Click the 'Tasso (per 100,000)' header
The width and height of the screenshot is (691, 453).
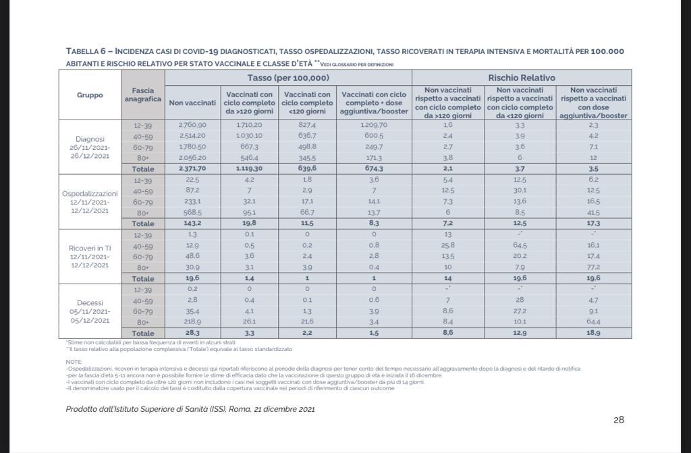point(288,78)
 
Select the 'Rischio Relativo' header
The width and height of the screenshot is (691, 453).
point(522,78)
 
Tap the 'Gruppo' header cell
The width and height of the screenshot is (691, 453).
point(90,95)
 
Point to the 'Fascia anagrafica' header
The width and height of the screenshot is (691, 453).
point(143,95)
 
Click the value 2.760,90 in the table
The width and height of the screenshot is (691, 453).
point(192,126)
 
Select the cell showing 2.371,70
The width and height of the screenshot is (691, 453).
point(192,169)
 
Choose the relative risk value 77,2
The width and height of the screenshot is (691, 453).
point(594,267)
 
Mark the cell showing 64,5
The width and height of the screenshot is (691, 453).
point(520,246)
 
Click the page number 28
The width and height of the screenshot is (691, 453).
point(619,420)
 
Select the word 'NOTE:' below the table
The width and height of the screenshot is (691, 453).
point(74,362)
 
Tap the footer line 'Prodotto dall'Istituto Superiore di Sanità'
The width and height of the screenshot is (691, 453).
point(190,409)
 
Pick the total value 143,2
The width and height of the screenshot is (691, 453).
point(192,223)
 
